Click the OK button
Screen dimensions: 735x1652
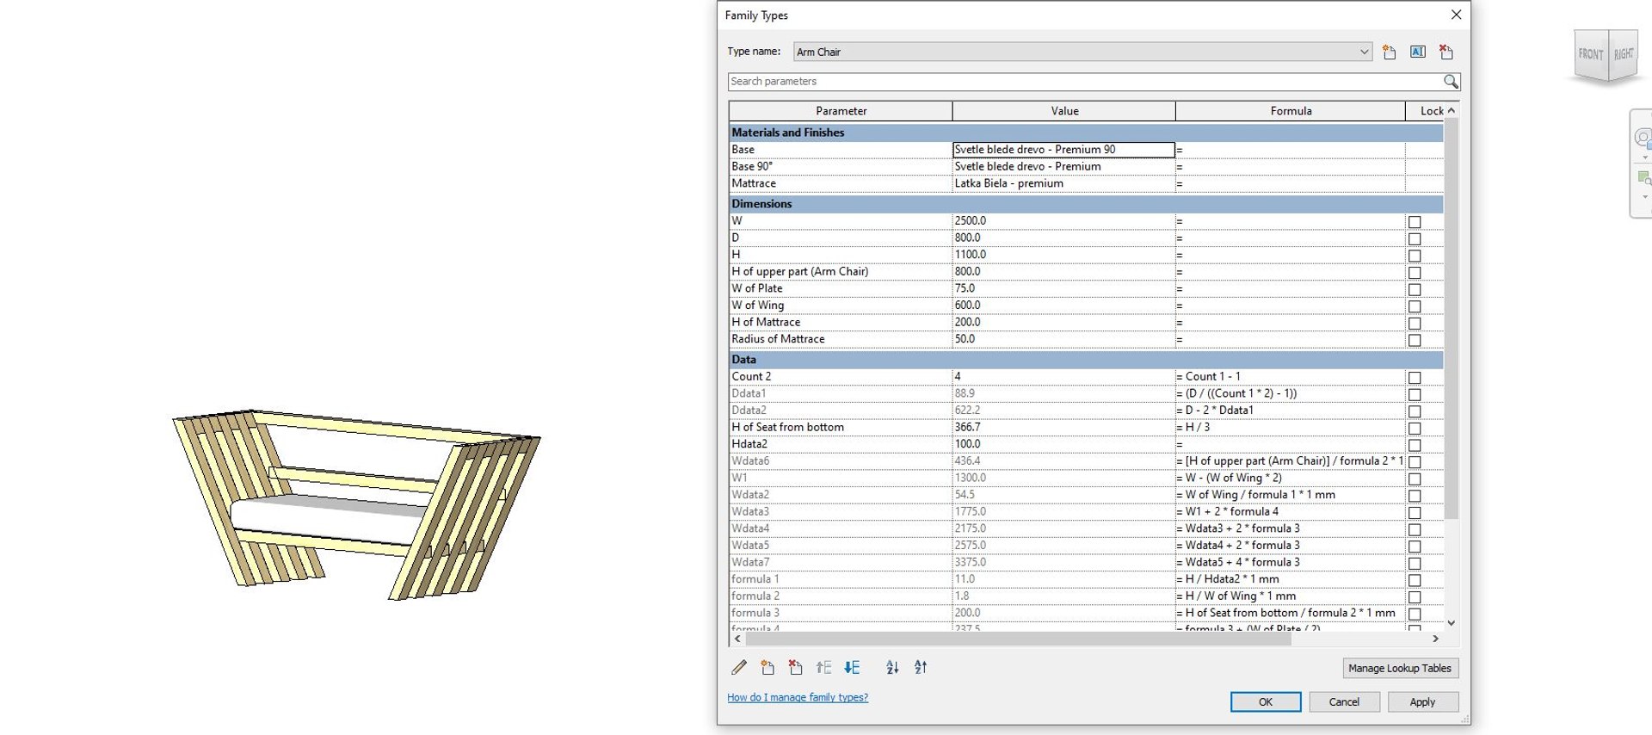coord(1265,701)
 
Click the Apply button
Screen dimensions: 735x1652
coord(1421,701)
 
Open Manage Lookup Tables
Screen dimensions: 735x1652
coord(1399,668)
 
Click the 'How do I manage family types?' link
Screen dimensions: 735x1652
coord(797,697)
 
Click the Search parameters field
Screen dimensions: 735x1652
coord(1084,81)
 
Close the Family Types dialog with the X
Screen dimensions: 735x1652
coord(1456,15)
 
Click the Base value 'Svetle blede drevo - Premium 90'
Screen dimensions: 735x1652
coord(1063,150)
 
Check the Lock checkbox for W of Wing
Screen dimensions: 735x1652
coord(1414,306)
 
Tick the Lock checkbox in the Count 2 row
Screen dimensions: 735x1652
coord(1414,378)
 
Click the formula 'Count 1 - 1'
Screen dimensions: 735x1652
coord(1212,377)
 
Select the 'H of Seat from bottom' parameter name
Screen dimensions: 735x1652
coord(787,427)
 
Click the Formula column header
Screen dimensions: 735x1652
coord(1290,111)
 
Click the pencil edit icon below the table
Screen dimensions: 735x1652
coord(738,667)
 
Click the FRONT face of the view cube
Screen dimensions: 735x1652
coord(1590,54)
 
